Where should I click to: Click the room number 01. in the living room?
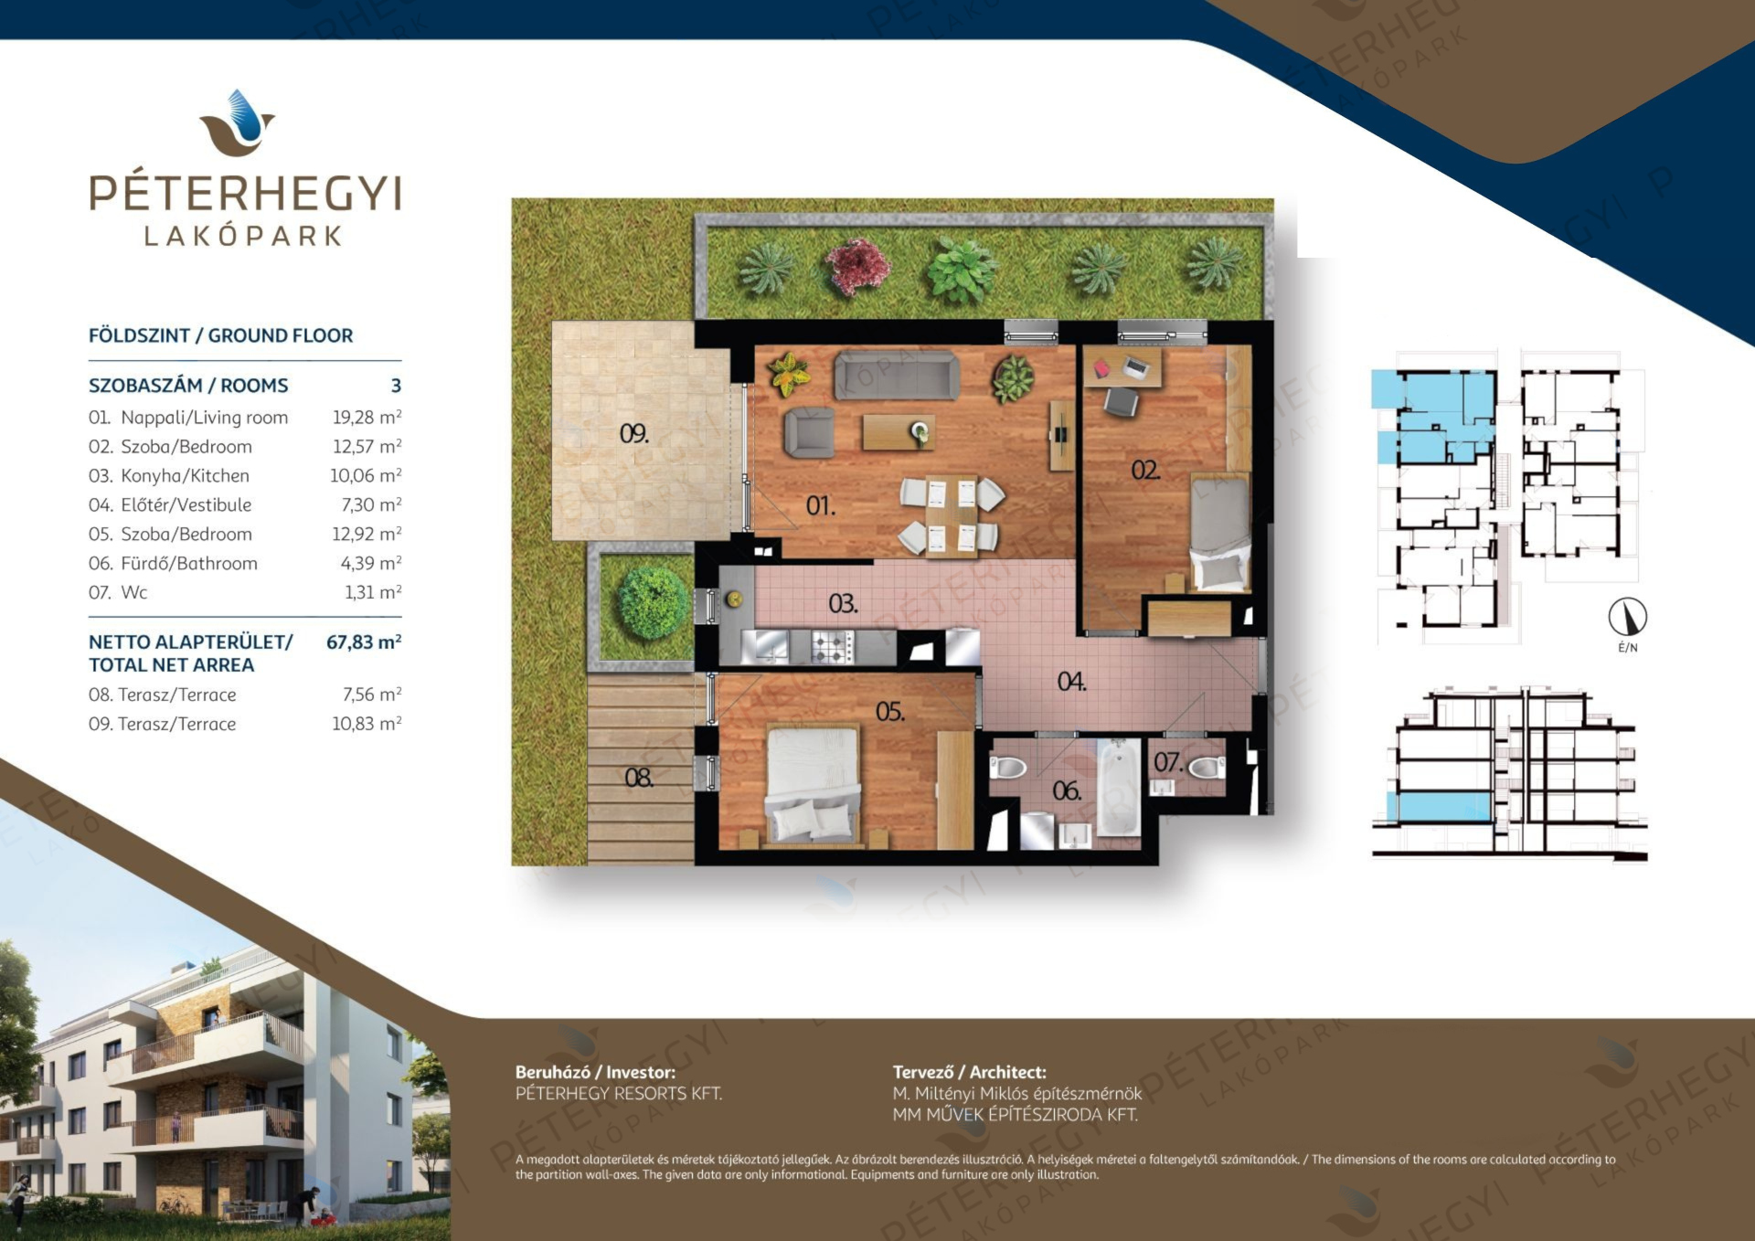(820, 504)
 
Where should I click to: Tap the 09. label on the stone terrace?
(634, 433)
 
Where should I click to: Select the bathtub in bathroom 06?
(1119, 787)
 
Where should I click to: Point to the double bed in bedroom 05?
(813, 783)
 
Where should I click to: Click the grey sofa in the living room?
(898, 375)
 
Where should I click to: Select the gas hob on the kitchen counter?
(832, 647)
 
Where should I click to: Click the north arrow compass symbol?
(1628, 617)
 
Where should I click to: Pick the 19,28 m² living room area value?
(367, 417)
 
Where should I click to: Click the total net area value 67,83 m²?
(364, 642)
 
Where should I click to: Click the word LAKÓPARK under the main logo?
(243, 236)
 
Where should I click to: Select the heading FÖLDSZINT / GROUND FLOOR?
(220, 335)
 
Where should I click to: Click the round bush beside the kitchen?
(653, 602)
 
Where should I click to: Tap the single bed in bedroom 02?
(1220, 533)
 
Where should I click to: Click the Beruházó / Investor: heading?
(596, 1072)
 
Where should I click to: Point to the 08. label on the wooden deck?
(639, 778)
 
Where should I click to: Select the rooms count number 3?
(396, 386)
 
